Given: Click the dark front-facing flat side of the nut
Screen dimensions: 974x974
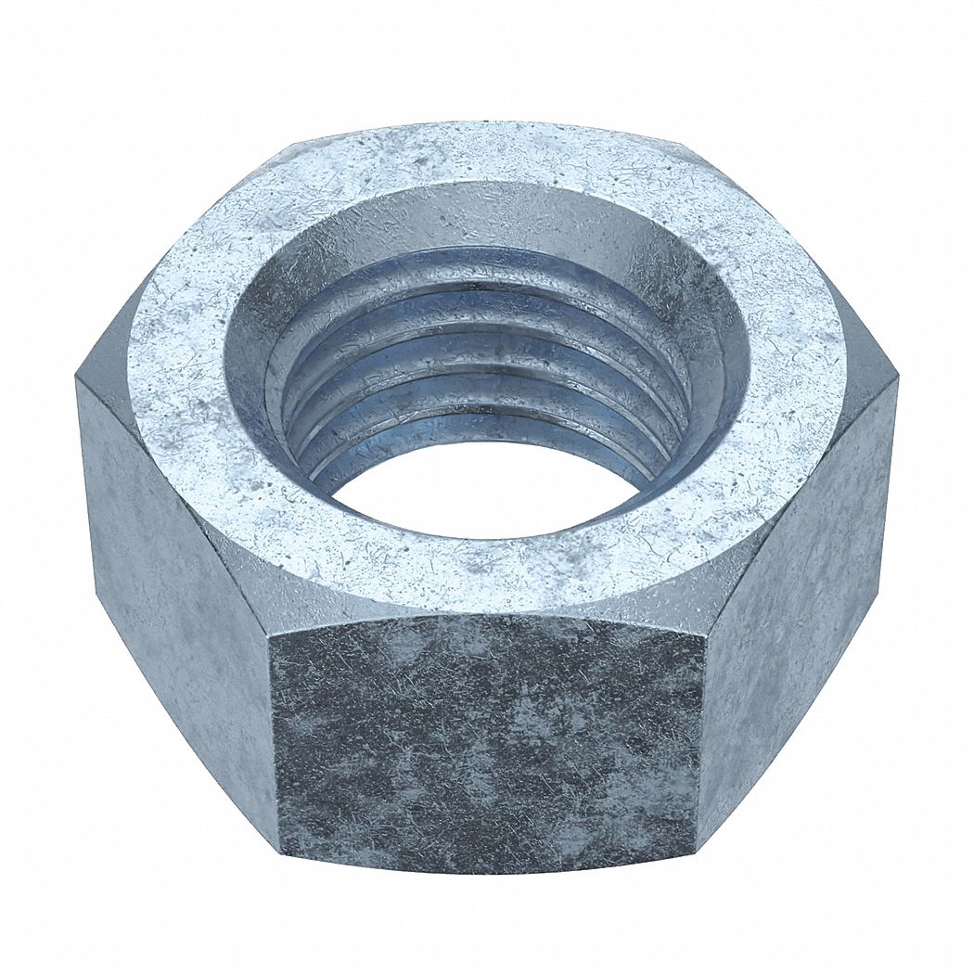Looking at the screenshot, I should [487, 742].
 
